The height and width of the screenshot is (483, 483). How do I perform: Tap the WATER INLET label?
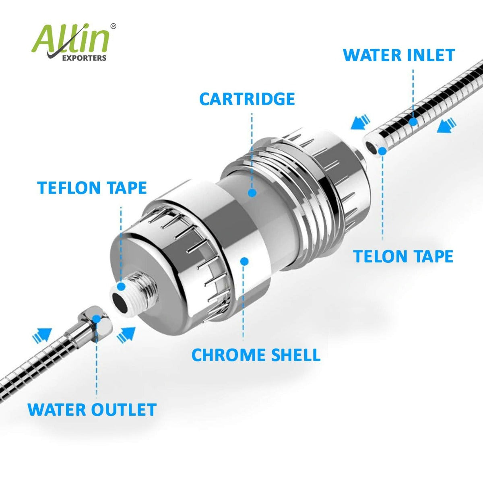(399, 55)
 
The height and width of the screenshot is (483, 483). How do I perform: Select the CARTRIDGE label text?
(247, 99)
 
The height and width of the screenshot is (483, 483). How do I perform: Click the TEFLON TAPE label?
(92, 188)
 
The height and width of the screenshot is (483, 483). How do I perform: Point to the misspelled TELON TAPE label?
(403, 256)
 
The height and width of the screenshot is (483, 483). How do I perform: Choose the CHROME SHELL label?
(256, 355)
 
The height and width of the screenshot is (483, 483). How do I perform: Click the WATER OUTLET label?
(92, 410)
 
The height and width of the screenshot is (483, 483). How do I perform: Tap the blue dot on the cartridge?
(252, 193)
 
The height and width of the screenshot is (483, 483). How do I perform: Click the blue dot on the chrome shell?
(243, 261)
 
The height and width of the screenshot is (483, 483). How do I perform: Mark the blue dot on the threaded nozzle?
(121, 287)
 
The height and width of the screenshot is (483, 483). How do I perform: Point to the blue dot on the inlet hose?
(413, 122)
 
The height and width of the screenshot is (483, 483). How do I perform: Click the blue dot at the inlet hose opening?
(382, 151)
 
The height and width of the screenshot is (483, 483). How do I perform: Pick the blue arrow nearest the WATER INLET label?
(447, 126)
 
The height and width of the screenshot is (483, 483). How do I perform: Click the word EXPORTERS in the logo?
(84, 58)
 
